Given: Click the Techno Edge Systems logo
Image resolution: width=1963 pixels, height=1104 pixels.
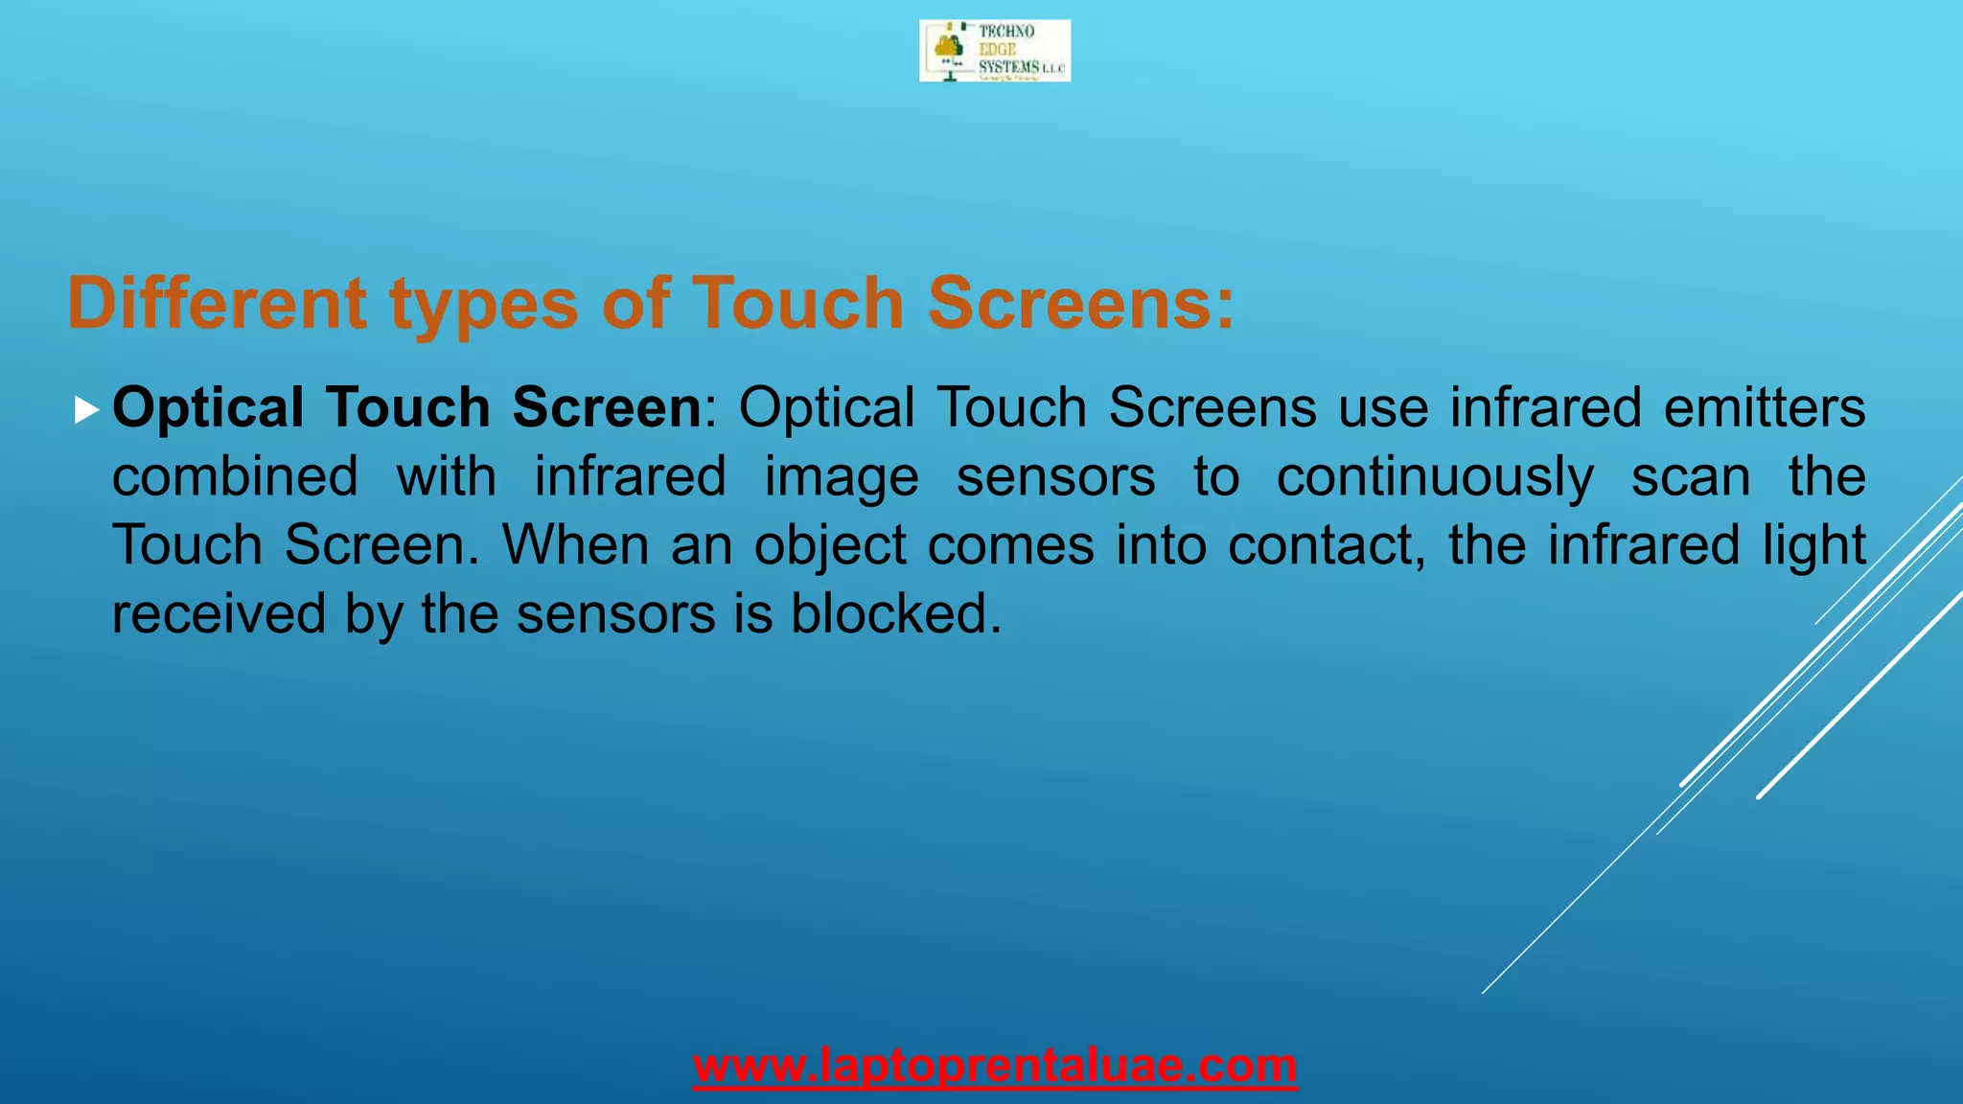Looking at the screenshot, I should [x=994, y=51].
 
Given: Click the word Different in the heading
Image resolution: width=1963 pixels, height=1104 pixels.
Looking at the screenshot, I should [x=217, y=304].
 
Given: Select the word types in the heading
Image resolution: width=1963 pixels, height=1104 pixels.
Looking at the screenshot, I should [x=484, y=304].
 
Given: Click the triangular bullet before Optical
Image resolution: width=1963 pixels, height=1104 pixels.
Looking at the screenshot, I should [x=86, y=411].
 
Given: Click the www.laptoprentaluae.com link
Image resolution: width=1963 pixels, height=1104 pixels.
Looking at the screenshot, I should [x=995, y=1066].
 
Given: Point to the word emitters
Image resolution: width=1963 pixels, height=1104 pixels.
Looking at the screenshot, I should [x=1764, y=407].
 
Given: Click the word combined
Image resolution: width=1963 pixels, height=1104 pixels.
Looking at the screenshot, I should [x=236, y=476].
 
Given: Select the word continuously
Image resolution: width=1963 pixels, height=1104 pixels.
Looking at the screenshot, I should [x=1435, y=476].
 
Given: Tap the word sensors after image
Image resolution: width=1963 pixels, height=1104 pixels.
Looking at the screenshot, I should [x=1056, y=476].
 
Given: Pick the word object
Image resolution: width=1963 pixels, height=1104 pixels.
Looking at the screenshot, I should [x=830, y=545].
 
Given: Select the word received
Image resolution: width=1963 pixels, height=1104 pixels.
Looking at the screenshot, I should [x=219, y=614].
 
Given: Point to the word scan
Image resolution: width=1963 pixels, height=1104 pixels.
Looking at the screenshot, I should [x=1691, y=476].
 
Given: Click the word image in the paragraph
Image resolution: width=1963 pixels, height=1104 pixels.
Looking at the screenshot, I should [x=842, y=476].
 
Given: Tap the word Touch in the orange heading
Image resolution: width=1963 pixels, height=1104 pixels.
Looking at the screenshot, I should [x=797, y=304].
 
